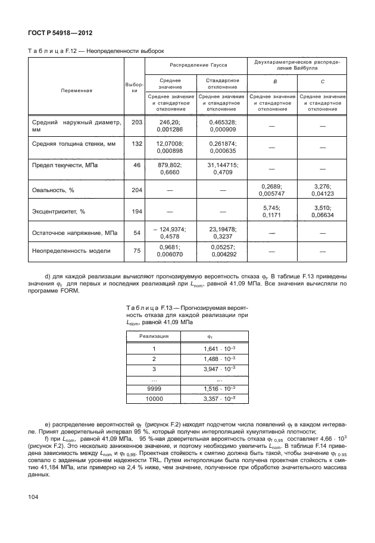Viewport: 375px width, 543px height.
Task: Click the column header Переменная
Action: click(x=76, y=91)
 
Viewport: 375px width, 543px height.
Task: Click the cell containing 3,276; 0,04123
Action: click(x=321, y=190)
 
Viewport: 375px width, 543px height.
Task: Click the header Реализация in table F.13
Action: click(x=154, y=336)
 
